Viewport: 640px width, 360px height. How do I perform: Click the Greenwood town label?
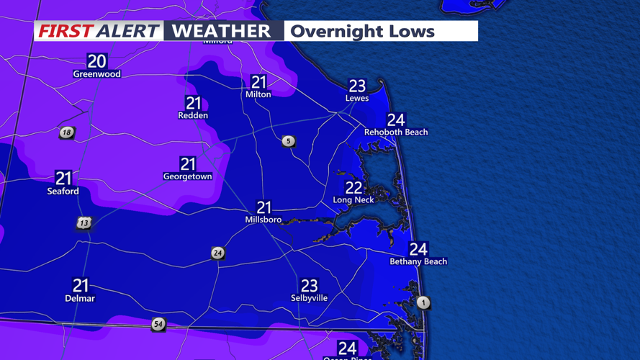pos(96,74)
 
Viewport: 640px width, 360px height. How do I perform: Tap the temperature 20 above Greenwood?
pos(96,61)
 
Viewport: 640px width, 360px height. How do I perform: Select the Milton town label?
pos(258,94)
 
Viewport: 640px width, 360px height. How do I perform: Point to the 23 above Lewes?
pos(357,86)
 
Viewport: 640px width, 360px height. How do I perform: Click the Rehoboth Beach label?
pos(396,132)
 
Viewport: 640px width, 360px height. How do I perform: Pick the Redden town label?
pos(193,115)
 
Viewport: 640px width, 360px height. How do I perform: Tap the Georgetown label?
pos(188,176)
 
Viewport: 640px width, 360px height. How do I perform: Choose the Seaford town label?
pos(63,192)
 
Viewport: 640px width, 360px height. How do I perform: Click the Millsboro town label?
pos(263,220)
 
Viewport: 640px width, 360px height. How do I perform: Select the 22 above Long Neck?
pos(353,188)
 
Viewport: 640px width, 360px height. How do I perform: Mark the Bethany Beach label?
pos(418,262)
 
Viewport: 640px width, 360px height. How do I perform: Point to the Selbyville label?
pos(309,298)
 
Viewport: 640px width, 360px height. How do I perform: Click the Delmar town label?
pos(80,298)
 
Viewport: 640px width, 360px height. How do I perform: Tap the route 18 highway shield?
pos(67,132)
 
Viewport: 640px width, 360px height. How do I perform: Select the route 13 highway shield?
pos(84,223)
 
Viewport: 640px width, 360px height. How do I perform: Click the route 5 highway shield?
pos(289,141)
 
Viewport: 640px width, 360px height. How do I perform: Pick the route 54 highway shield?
pos(158,325)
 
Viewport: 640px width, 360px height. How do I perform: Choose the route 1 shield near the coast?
pos(423,302)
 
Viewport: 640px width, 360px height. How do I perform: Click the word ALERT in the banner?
pos(128,31)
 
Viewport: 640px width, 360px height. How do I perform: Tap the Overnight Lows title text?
pos(362,32)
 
